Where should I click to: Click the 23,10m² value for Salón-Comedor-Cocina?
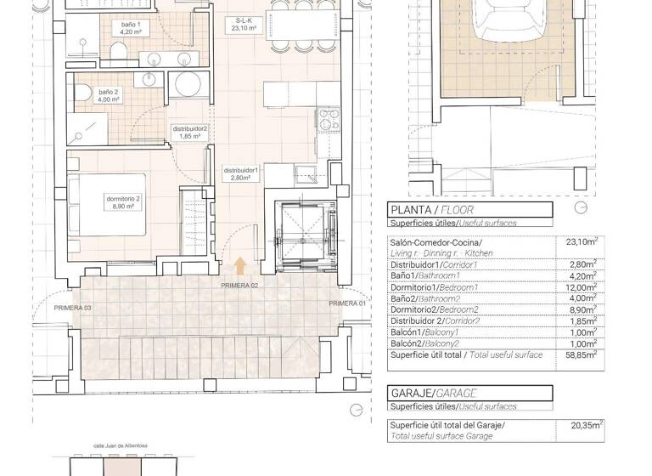tap(582, 241)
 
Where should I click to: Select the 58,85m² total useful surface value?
tap(582, 355)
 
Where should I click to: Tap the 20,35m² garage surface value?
tap(587, 425)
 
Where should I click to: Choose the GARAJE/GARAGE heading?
tap(432, 394)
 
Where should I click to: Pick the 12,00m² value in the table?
tap(582, 286)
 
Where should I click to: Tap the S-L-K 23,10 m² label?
tap(250, 24)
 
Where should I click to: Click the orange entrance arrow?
tap(240, 267)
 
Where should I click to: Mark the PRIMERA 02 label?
tap(239, 286)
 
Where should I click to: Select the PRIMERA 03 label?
tap(72, 307)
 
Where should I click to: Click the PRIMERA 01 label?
tap(347, 303)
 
